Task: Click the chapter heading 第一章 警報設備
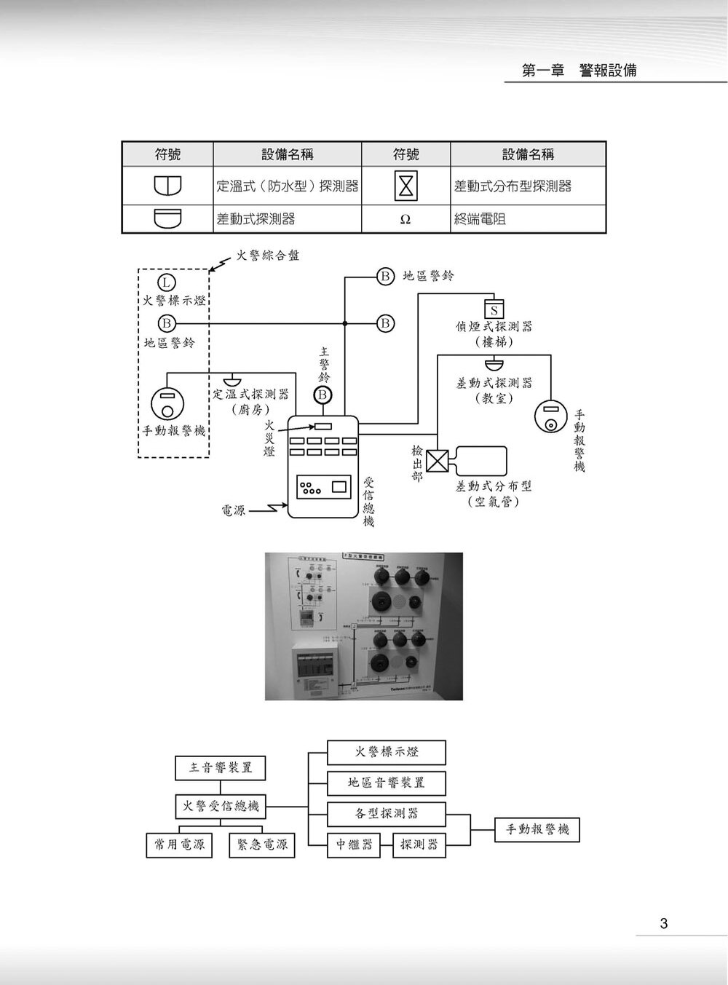click(x=579, y=71)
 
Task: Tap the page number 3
click(x=663, y=924)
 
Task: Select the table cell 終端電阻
click(x=480, y=218)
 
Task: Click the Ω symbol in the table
click(x=405, y=219)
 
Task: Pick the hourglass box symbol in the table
click(x=405, y=186)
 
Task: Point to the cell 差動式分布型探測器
click(x=513, y=186)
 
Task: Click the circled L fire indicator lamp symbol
click(x=167, y=282)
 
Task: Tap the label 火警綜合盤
click(x=267, y=256)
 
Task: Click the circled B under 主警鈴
click(x=323, y=395)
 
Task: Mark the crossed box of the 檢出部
click(x=438, y=460)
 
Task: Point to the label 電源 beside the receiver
click(x=233, y=510)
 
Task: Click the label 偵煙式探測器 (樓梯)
click(x=494, y=333)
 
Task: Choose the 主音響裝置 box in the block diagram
click(x=221, y=767)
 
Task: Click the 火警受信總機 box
click(x=221, y=806)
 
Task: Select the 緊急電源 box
click(x=262, y=844)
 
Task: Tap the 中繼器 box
click(x=354, y=844)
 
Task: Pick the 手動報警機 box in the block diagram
click(x=537, y=829)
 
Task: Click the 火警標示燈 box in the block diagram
click(x=387, y=752)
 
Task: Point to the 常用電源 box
click(x=179, y=844)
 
